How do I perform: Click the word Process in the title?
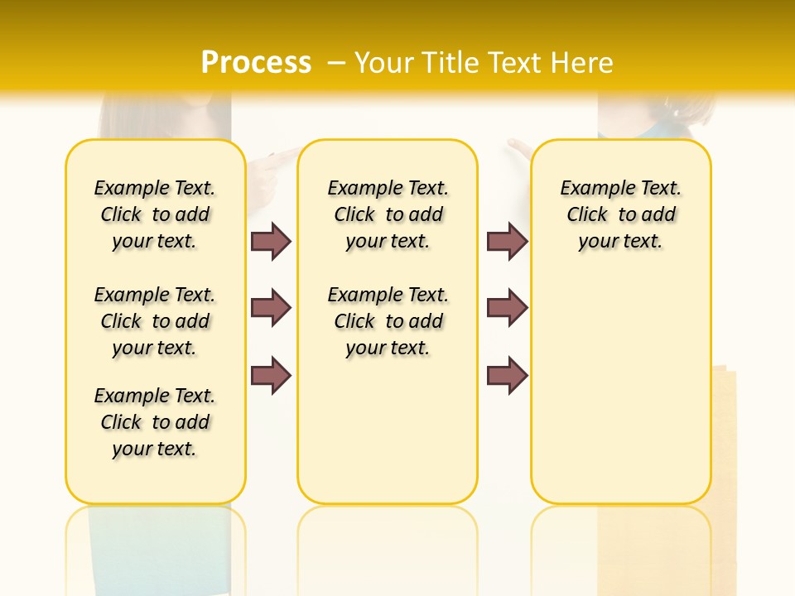[x=256, y=63]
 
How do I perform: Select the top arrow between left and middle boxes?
[x=271, y=241]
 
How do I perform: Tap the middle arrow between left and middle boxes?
[x=271, y=308]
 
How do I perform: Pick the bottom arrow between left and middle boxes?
[x=271, y=375]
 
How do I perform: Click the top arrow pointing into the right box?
[x=507, y=241]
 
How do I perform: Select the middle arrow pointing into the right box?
[x=507, y=308]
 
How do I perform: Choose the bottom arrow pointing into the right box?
[x=507, y=375]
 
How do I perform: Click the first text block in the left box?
[x=155, y=214]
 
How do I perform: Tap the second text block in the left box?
[x=155, y=321]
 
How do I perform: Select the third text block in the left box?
[x=155, y=422]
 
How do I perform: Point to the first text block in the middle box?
[x=388, y=214]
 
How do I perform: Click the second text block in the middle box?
[x=388, y=321]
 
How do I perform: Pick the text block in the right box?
[x=620, y=214]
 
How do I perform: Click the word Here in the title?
[x=584, y=63]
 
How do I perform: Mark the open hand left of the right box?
[x=520, y=149]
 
